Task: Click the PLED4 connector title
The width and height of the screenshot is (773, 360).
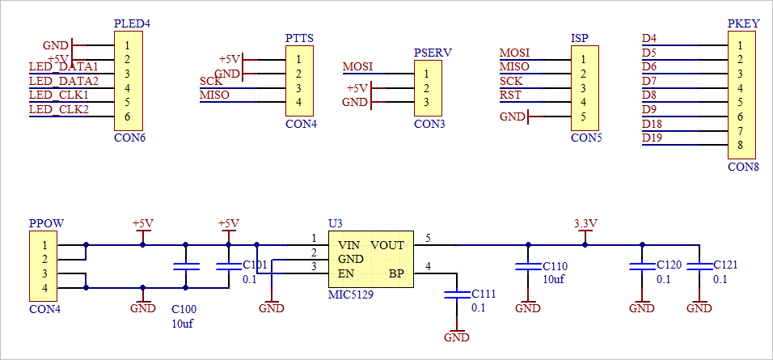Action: (133, 24)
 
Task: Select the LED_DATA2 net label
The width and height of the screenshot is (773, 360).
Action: (63, 81)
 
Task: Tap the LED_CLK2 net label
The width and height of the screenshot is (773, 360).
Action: (58, 109)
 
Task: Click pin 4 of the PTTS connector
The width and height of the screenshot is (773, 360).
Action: (299, 102)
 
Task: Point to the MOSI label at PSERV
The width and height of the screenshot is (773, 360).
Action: (358, 66)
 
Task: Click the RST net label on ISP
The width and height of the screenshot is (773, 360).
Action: (510, 95)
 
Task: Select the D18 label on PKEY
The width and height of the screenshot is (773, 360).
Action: (653, 124)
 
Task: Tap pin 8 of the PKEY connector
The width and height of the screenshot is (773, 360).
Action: (740, 146)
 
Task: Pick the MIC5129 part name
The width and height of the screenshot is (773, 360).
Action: (350, 294)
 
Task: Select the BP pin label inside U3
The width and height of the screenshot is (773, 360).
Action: (396, 273)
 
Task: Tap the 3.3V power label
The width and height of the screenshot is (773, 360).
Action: (585, 223)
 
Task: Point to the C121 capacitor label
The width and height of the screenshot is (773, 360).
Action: (725, 265)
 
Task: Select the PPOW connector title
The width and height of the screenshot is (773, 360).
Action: (46, 223)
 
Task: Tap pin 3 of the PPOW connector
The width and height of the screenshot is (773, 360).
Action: (45, 273)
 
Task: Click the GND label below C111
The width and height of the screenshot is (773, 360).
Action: (457, 337)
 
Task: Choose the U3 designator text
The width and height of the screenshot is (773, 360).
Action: (335, 223)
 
